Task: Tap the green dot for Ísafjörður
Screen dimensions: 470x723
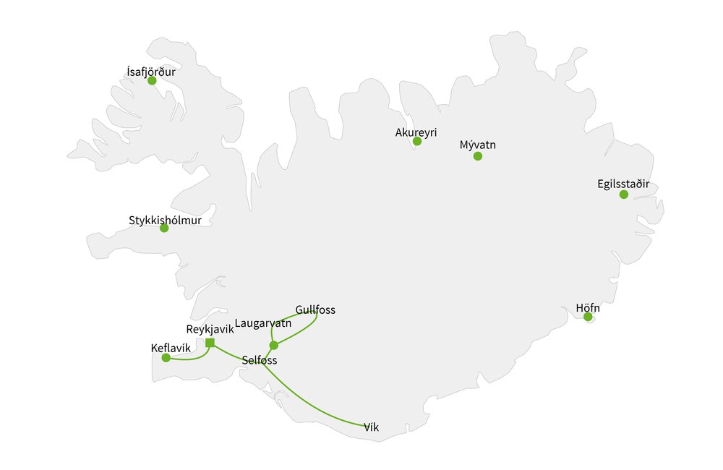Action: point(152,80)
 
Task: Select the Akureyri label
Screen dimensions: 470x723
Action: point(416,132)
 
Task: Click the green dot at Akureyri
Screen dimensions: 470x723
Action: point(417,141)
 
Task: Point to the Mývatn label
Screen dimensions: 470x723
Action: point(477,145)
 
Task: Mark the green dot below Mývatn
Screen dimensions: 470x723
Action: point(477,156)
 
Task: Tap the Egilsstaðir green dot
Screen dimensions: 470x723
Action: point(624,195)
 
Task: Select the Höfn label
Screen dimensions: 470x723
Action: point(588,307)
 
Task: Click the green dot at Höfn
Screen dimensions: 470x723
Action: point(588,317)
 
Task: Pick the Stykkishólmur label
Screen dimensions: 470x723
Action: point(165,220)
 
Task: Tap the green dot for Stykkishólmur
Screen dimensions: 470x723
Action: point(164,228)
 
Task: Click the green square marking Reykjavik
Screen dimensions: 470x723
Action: point(210,343)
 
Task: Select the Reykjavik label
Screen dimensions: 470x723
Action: point(210,329)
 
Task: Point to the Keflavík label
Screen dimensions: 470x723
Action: point(171,348)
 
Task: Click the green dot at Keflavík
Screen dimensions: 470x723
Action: point(166,358)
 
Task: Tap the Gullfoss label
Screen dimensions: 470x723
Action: point(315,310)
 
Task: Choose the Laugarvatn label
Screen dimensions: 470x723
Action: point(263,323)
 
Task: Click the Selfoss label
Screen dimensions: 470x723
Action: point(260,360)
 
